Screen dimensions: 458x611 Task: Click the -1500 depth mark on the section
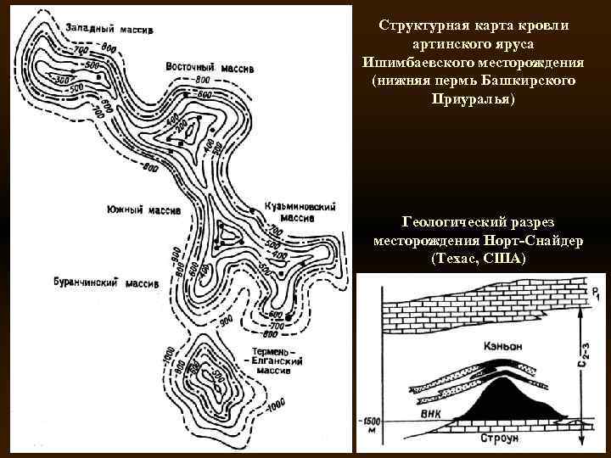372,422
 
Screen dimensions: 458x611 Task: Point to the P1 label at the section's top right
596,294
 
